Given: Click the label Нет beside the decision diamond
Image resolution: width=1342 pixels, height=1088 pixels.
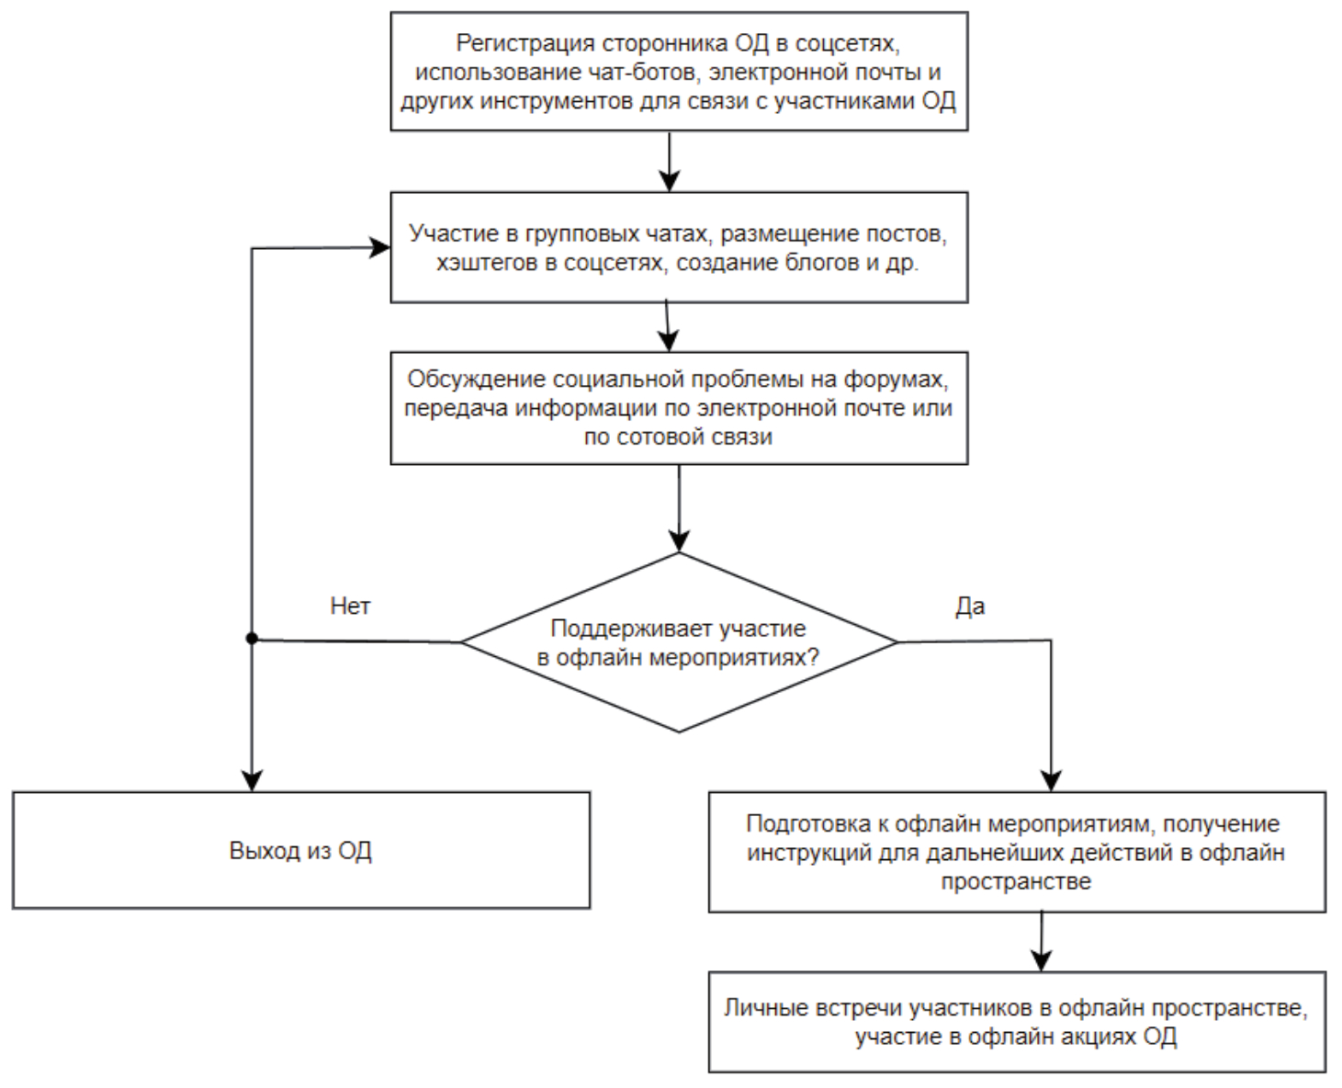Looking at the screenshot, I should tap(350, 606).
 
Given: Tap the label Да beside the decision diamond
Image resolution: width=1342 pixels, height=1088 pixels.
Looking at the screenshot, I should tap(970, 606).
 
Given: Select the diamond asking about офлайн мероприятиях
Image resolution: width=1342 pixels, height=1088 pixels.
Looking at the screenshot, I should tap(679, 642).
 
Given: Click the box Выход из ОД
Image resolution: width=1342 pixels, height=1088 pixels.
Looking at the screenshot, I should tap(300, 850).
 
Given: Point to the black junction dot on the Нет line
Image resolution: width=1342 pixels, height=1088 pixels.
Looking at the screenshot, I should tap(252, 639).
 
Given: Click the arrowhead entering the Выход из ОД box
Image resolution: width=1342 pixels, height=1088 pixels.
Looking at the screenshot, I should tap(252, 781).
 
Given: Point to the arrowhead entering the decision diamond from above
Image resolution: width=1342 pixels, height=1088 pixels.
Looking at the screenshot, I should tap(679, 541).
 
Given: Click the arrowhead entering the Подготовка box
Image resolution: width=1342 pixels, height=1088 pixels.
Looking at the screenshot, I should tap(1051, 781).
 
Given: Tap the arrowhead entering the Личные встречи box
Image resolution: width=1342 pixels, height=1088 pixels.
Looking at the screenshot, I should tap(1041, 960).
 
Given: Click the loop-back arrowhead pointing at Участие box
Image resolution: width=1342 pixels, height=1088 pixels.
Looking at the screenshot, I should tap(380, 247).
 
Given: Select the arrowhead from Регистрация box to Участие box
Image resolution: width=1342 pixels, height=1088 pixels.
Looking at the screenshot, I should tap(671, 181).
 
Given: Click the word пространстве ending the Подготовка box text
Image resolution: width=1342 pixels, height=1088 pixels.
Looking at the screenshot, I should tap(1016, 881).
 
